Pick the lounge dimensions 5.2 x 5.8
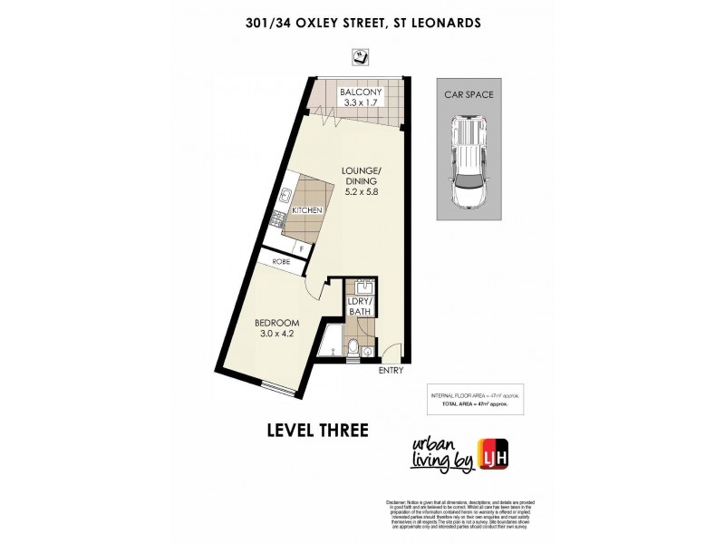click(x=360, y=193)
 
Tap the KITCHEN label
click(x=306, y=210)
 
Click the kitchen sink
click(x=284, y=194)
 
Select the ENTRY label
click(x=391, y=371)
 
